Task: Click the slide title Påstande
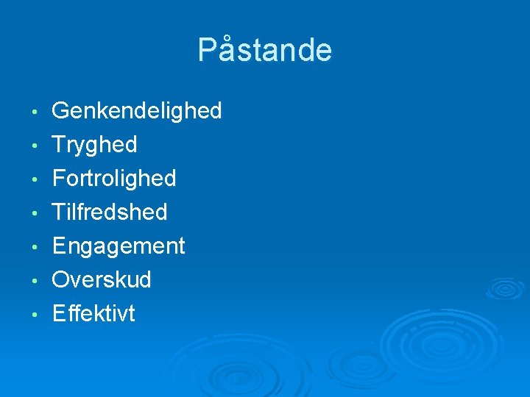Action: [265, 50]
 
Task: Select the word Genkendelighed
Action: [136, 111]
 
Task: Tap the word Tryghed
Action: [94, 145]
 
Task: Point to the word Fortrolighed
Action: [114, 179]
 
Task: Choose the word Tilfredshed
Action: [110, 212]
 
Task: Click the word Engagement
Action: [119, 246]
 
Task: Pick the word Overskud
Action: [102, 280]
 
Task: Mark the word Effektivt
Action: [93, 314]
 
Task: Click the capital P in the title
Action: [207, 50]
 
